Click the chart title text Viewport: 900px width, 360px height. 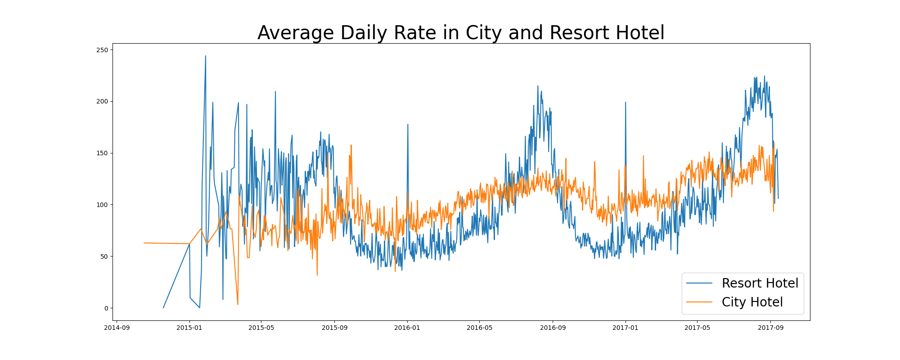pyautogui.click(x=461, y=33)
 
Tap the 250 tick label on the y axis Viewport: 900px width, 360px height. pyautogui.click(x=102, y=50)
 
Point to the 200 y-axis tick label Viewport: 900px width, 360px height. pyautogui.click(x=102, y=102)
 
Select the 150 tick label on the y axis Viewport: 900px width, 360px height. pyautogui.click(x=102, y=153)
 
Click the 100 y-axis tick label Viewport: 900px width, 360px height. pyautogui.click(x=102, y=205)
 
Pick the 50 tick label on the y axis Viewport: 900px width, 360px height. pyautogui.click(x=104, y=256)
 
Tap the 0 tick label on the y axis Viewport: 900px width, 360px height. pyautogui.click(x=106, y=308)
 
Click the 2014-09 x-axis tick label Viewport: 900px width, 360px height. pyautogui.click(x=117, y=328)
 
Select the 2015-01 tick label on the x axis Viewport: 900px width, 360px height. pyautogui.click(x=189, y=328)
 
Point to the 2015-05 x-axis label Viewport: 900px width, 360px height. pyautogui.click(x=261, y=328)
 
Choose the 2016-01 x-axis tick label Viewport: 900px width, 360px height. pyautogui.click(x=407, y=328)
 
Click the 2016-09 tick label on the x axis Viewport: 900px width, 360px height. pyautogui.click(x=553, y=328)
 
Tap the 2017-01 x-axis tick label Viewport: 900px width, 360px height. pyautogui.click(x=625, y=328)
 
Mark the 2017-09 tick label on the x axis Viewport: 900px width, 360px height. pyautogui.click(x=770, y=328)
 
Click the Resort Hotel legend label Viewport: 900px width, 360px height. pyautogui.click(x=760, y=283)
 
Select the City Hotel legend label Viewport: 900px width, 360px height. pyautogui.click(x=752, y=302)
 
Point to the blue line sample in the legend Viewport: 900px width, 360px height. pyautogui.click(x=699, y=283)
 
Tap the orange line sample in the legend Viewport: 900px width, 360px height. pyautogui.click(x=699, y=302)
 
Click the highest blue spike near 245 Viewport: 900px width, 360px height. pyautogui.click(x=206, y=57)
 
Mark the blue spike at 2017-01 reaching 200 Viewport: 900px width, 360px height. pyautogui.click(x=625, y=103)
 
